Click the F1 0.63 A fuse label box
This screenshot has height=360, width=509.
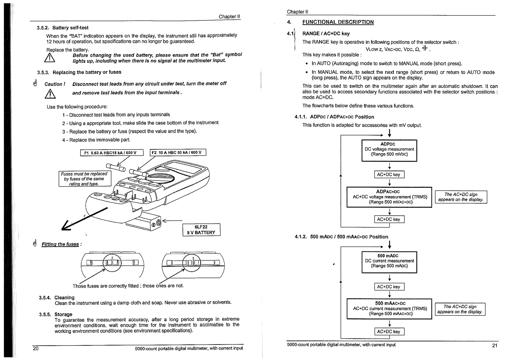pyautogui.click(x=112, y=152)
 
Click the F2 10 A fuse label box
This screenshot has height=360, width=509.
pyautogui.click(x=178, y=152)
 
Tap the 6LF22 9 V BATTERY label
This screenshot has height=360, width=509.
pyautogui.click(x=201, y=230)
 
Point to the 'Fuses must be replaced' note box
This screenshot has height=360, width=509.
pyautogui.click(x=85, y=179)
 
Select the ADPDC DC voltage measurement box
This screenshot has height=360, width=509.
pyautogui.click(x=389, y=151)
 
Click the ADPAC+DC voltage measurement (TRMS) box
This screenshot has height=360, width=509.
pyautogui.click(x=389, y=197)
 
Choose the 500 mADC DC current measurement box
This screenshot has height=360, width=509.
pyautogui.click(x=389, y=262)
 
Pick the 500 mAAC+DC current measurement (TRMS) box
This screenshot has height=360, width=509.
pyautogui.click(x=389, y=309)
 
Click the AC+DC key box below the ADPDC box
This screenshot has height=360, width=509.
pyautogui.click(x=389, y=174)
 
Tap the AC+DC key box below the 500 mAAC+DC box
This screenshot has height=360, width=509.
pyautogui.click(x=389, y=331)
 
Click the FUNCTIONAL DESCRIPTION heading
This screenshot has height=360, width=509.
pyautogui.click(x=338, y=22)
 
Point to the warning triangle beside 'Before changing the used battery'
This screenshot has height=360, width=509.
pyautogui.click(x=50, y=58)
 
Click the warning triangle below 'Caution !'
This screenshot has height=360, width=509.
pyautogui.click(x=50, y=94)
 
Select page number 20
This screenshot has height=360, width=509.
pyautogui.click(x=36, y=349)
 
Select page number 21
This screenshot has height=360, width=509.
pyautogui.click(x=495, y=345)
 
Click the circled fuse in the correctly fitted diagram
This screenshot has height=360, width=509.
pyautogui.click(x=112, y=263)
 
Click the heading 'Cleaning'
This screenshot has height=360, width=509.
pyautogui.click(x=64, y=298)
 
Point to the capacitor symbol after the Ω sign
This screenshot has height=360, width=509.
pyautogui.click(x=424, y=48)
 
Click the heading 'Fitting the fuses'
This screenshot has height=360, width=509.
pyautogui.click(x=60, y=244)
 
